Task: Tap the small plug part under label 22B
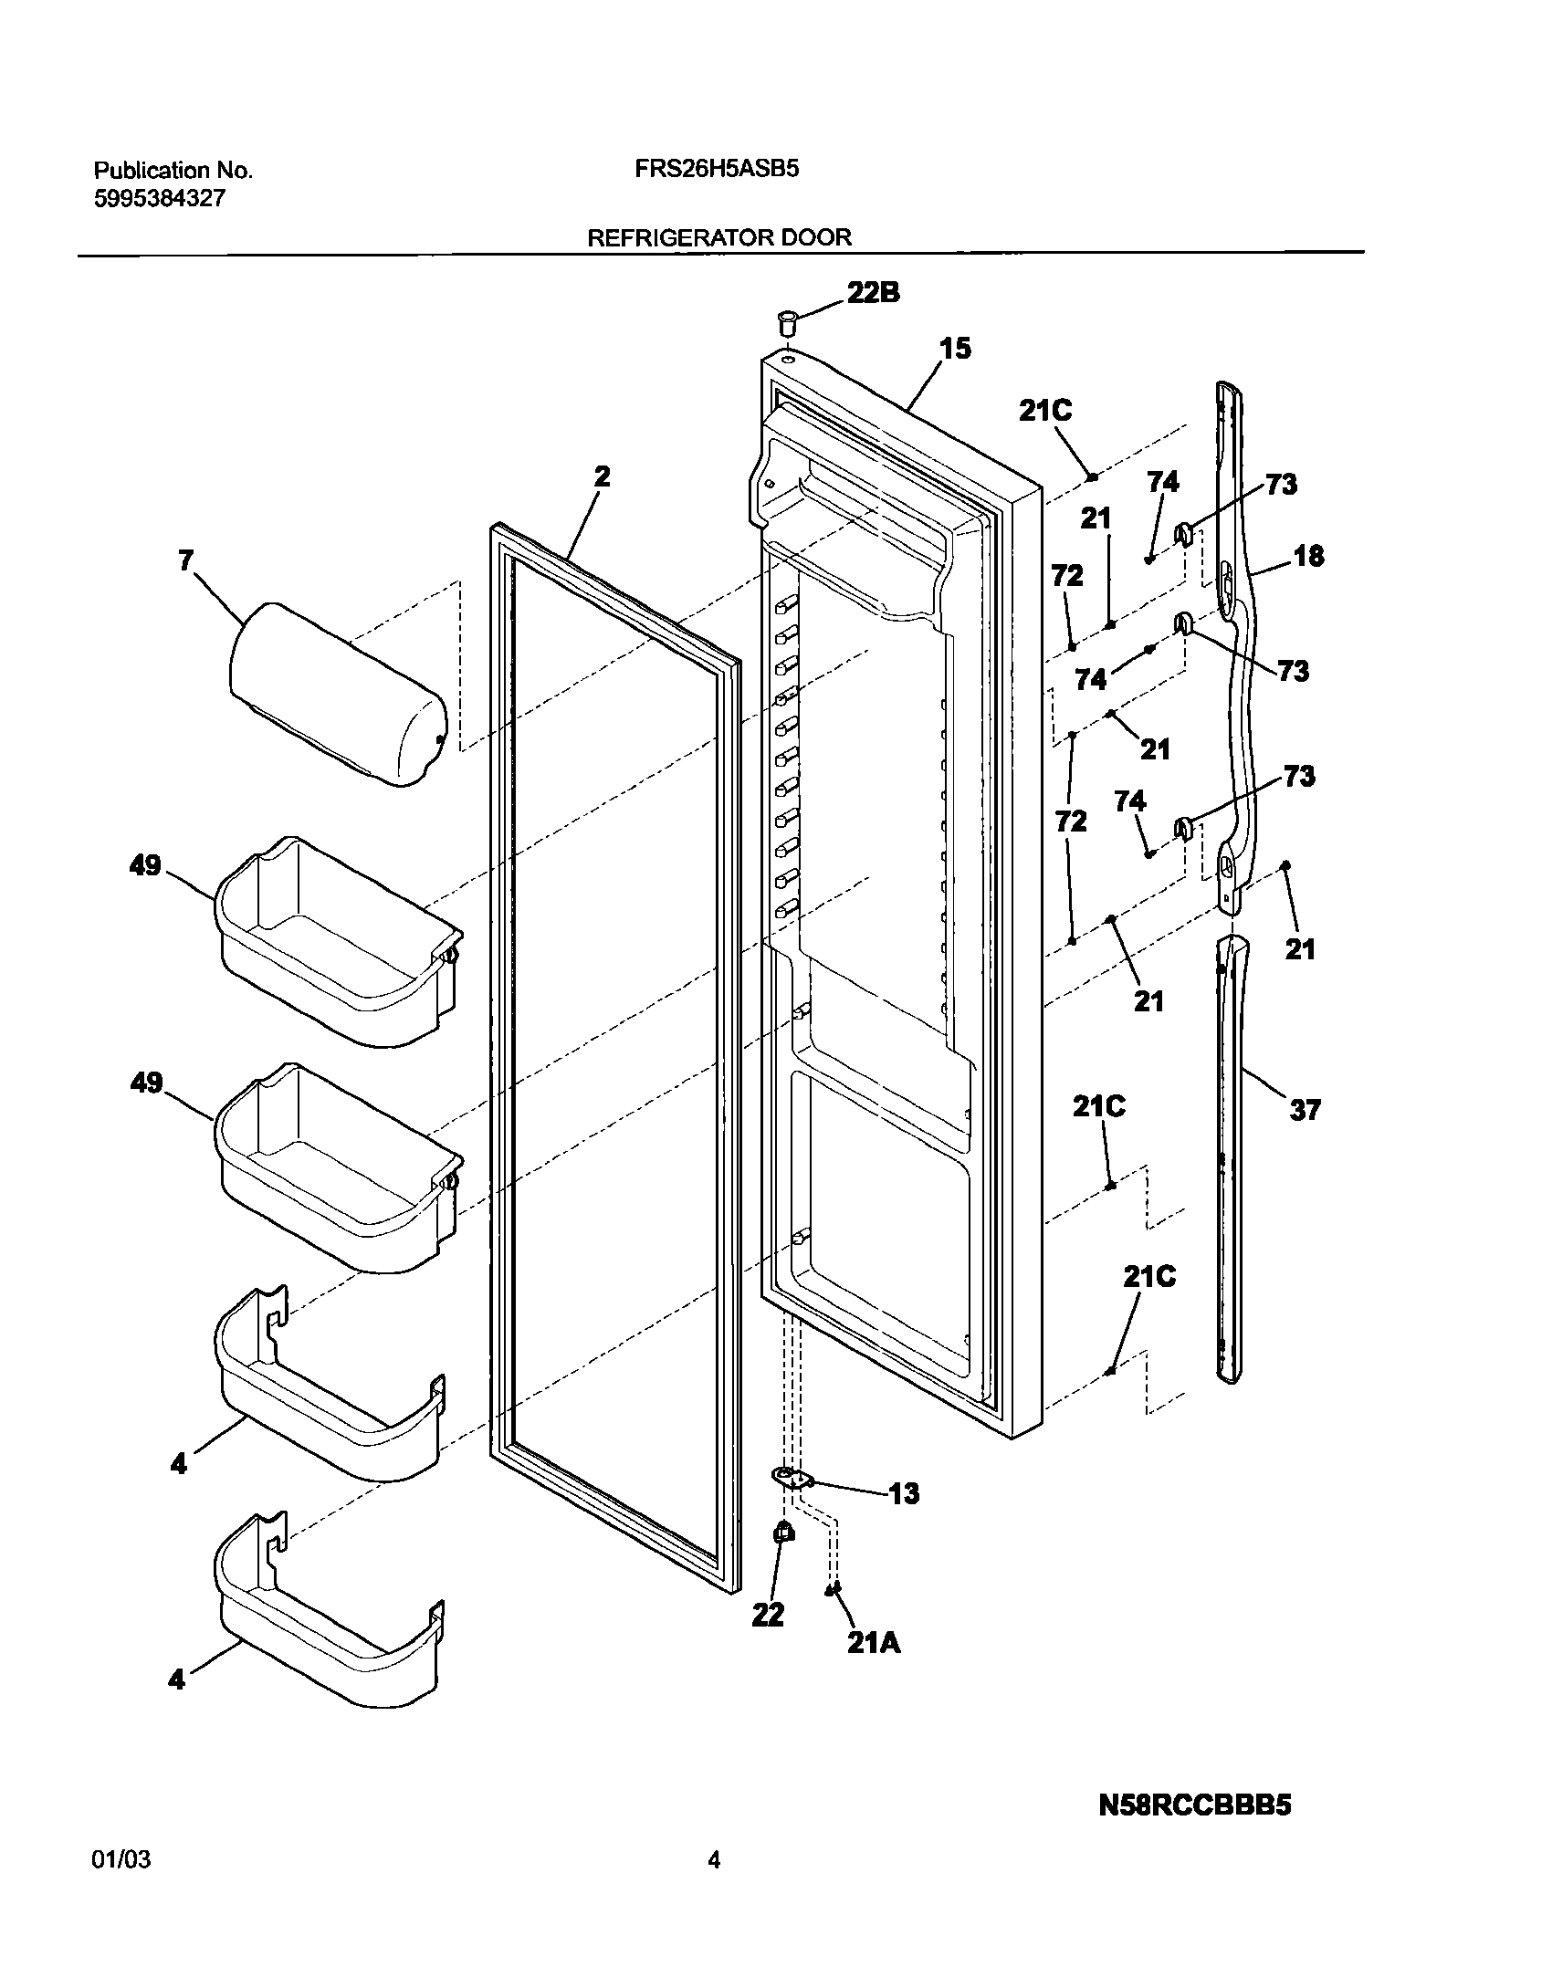787,322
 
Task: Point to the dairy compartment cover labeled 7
336,694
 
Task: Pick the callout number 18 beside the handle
1308,555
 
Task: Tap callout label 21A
874,1643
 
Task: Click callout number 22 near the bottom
768,1615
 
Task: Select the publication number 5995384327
160,198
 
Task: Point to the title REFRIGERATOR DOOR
718,237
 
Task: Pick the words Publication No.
173,170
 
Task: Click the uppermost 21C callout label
1045,411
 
